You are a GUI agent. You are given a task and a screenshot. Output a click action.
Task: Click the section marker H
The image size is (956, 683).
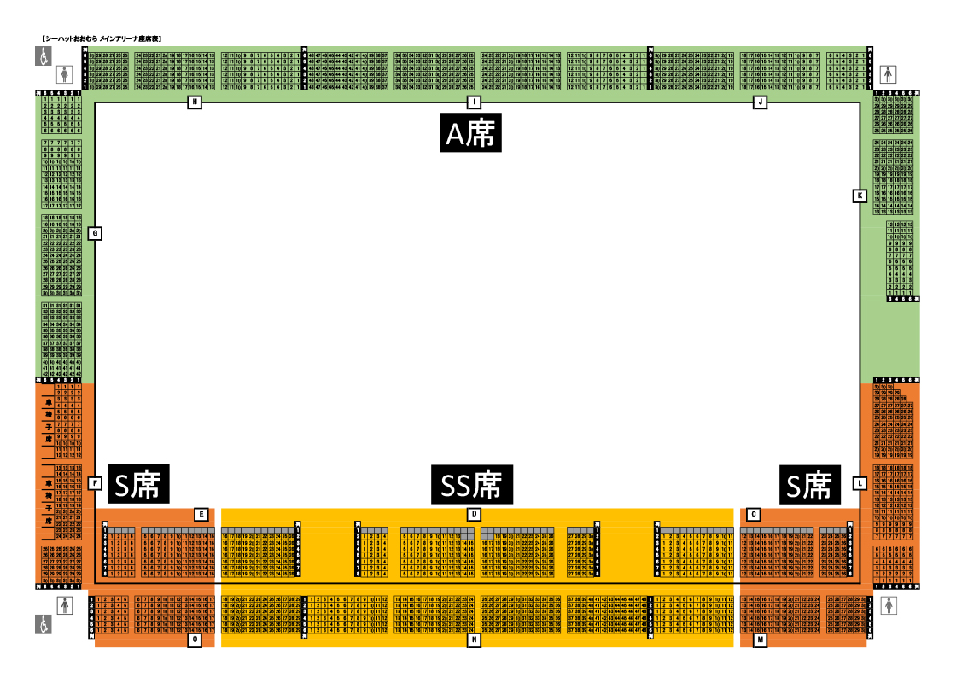point(195,102)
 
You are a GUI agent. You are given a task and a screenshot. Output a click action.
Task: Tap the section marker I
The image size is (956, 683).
point(474,102)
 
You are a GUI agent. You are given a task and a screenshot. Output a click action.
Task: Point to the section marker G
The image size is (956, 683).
point(95,233)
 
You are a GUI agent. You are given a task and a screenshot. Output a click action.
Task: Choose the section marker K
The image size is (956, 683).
point(860,196)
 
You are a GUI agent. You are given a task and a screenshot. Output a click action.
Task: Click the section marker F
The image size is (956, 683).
point(95,483)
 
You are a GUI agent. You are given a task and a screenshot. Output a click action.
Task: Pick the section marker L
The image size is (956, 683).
point(860,483)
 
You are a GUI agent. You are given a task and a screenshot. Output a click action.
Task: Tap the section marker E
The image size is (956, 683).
point(201,514)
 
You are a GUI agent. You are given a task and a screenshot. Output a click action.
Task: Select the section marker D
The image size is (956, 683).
point(474,514)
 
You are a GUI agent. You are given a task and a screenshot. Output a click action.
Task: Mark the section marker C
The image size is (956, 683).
point(753,514)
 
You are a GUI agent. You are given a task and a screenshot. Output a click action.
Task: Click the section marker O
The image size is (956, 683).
point(195,639)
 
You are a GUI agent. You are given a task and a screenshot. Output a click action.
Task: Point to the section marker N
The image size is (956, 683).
point(474,639)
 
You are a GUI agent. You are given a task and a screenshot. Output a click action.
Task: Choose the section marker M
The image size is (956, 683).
point(759,639)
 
